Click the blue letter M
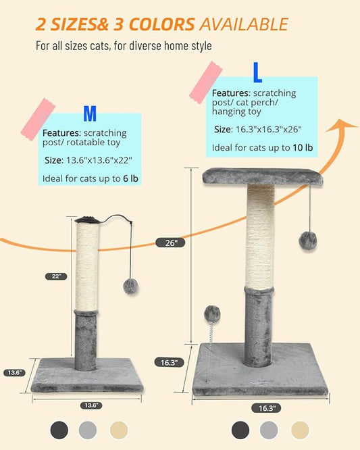click(90, 114)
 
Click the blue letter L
click(257, 72)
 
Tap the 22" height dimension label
click(57, 276)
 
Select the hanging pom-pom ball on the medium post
click(130, 286)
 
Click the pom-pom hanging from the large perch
click(309, 240)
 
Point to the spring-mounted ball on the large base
click(212, 314)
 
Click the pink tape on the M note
click(40, 119)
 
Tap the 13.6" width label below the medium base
click(91, 405)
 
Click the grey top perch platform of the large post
click(262, 177)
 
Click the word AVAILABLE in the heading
click(242, 25)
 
